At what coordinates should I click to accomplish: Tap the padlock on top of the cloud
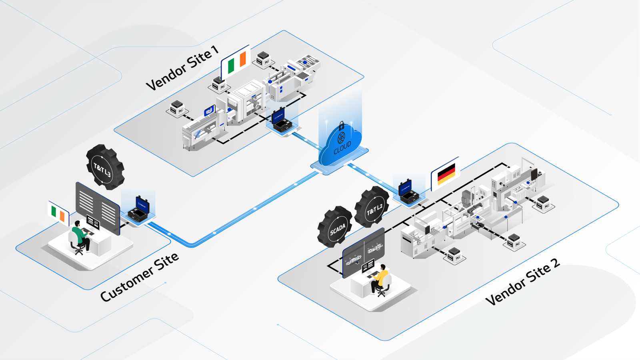click(341, 126)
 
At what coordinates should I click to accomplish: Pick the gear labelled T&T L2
click(372, 206)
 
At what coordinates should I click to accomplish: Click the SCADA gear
click(335, 226)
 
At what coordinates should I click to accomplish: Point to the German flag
click(446, 173)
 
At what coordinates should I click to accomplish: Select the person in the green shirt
click(80, 236)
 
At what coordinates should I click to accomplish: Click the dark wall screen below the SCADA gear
click(364, 252)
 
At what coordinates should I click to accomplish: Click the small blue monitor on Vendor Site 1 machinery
click(210, 110)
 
